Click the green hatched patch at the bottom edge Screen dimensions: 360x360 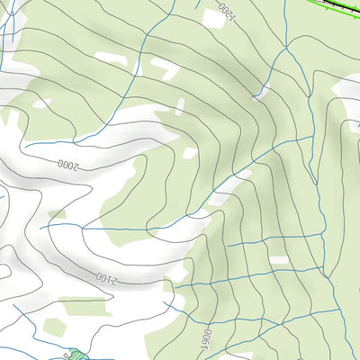pos(76,357)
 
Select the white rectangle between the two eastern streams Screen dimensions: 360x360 pos(279,261)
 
